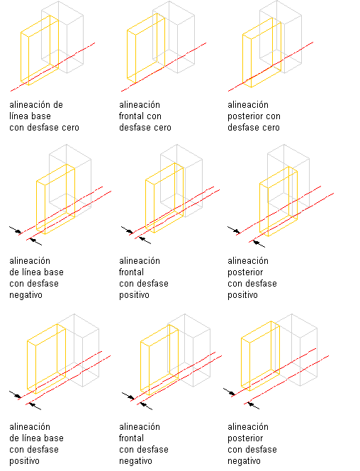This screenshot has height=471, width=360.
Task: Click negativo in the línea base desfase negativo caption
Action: pyautogui.click(x=26, y=295)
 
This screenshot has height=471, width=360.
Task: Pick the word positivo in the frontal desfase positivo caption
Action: pyautogui.click(x=134, y=295)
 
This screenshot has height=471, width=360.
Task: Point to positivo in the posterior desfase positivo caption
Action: pyautogui.click(x=242, y=295)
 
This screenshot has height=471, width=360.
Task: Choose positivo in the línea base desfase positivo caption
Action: pyautogui.click(x=24, y=461)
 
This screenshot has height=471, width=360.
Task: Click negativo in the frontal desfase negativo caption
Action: pyautogui.click(x=135, y=461)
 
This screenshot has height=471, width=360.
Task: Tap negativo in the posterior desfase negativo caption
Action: pyautogui.click(x=244, y=461)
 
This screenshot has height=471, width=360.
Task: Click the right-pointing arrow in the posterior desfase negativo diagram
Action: pyautogui.click(x=229, y=392)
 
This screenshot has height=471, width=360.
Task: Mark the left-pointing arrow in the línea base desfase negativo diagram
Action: pyautogui.click(x=35, y=242)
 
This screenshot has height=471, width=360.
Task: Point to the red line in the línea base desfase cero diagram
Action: pyautogui.click(x=53, y=67)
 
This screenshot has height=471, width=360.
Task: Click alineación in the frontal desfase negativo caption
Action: pyautogui.click(x=140, y=426)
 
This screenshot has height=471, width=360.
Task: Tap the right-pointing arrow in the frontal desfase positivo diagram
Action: pyautogui.click(x=127, y=230)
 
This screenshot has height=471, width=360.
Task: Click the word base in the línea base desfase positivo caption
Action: pyautogui.click(x=54, y=438)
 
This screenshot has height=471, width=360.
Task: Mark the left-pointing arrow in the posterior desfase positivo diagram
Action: pyautogui.click(x=259, y=243)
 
